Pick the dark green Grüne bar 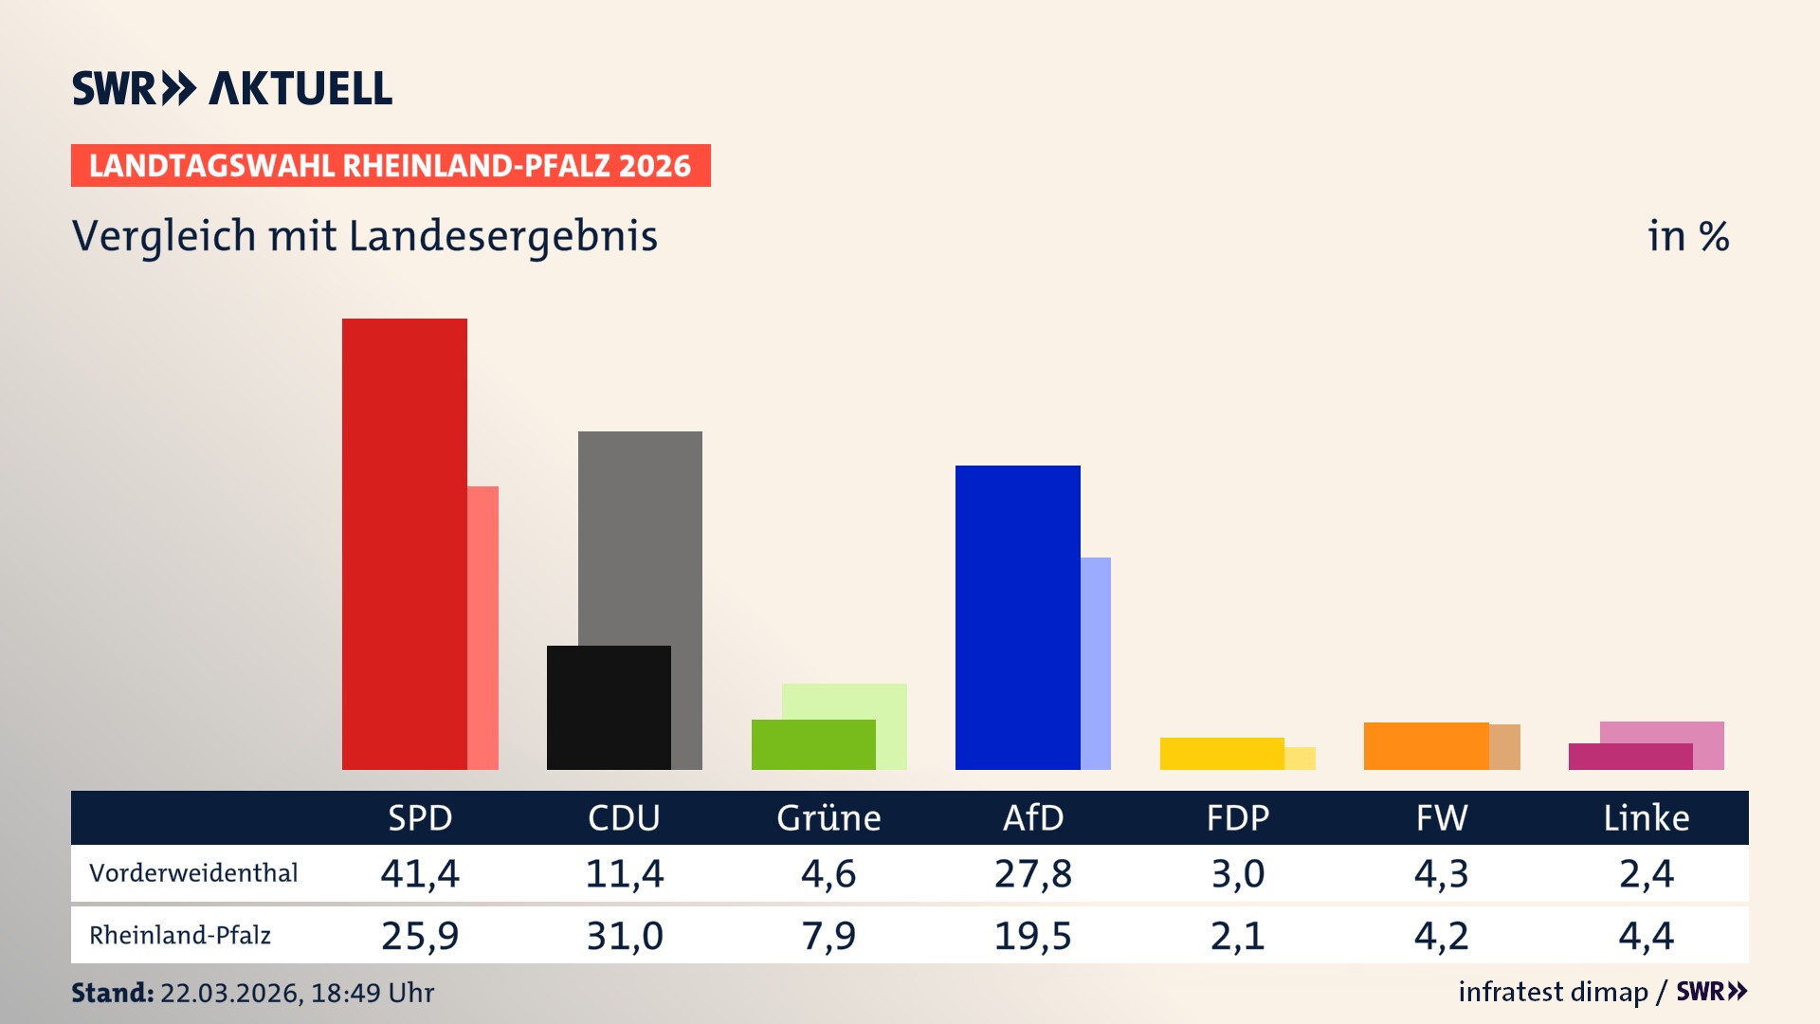tap(813, 744)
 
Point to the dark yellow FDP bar tap(1222, 754)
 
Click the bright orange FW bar tap(1426, 746)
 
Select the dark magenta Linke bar tap(1630, 757)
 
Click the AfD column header tap(1033, 817)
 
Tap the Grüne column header tap(828, 817)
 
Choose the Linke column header tap(1646, 817)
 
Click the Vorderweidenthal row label tap(193, 872)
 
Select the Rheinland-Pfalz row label tap(180, 935)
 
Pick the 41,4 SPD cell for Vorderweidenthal tap(420, 873)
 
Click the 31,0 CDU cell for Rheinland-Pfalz tap(625, 936)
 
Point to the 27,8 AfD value tap(1033, 873)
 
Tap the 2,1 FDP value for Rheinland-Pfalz tap(1237, 936)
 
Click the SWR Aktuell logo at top tap(232, 88)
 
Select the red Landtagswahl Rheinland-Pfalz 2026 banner tap(391, 165)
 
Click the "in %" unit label tap(1687, 236)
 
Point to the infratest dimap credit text tap(1553, 992)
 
